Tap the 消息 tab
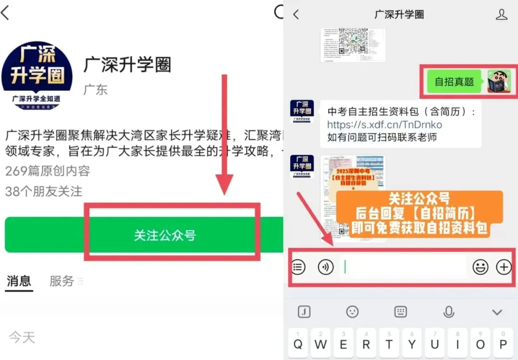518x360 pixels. [19, 281]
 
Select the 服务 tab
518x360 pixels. [62, 281]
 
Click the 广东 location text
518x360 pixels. [95, 90]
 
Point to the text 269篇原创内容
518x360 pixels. [47, 171]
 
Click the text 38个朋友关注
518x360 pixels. [44, 192]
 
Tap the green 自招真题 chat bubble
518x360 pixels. [454, 82]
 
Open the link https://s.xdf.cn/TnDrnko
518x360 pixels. [384, 125]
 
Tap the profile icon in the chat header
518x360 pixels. [501, 14]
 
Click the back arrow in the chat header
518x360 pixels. [296, 14]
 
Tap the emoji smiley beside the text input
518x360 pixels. [480, 267]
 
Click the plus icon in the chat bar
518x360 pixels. [504, 267]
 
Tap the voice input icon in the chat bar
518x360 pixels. [326, 267]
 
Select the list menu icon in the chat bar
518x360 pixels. [298, 267]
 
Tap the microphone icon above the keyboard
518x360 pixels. [448, 312]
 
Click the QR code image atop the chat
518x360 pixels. [353, 44]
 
